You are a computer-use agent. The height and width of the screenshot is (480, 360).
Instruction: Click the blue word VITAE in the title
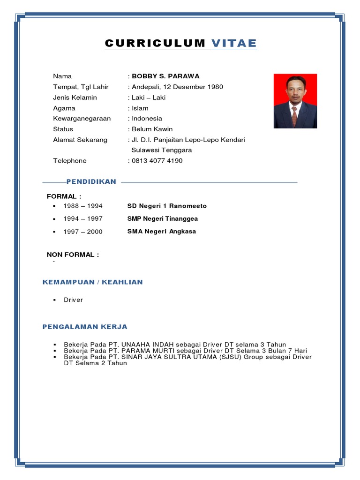[x=234, y=44]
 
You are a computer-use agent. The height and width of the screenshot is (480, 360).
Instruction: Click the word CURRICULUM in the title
[x=155, y=44]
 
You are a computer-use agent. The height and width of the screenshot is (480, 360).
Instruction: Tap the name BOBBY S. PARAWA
[x=165, y=76]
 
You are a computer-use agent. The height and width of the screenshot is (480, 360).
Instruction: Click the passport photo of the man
[x=295, y=101]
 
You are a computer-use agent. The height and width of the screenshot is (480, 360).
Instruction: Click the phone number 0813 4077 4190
[x=157, y=161]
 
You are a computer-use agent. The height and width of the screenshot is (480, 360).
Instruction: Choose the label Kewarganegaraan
[x=82, y=119]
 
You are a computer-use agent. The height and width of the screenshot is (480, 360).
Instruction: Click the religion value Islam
[x=140, y=108]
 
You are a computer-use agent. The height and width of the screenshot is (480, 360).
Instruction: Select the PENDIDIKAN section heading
[x=91, y=182]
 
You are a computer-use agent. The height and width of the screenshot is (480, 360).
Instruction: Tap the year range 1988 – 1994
[x=83, y=206]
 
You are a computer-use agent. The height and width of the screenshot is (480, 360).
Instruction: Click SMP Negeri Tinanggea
[x=163, y=219]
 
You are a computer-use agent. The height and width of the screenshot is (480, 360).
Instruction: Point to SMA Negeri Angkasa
[x=162, y=232]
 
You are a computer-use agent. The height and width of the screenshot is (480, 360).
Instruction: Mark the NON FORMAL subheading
[x=73, y=255]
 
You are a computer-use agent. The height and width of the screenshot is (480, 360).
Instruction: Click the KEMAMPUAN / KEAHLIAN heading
[x=93, y=282]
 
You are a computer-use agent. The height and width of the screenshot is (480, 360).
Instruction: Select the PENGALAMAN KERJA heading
[x=85, y=327]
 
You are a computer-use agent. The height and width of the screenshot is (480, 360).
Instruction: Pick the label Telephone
[x=70, y=161]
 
